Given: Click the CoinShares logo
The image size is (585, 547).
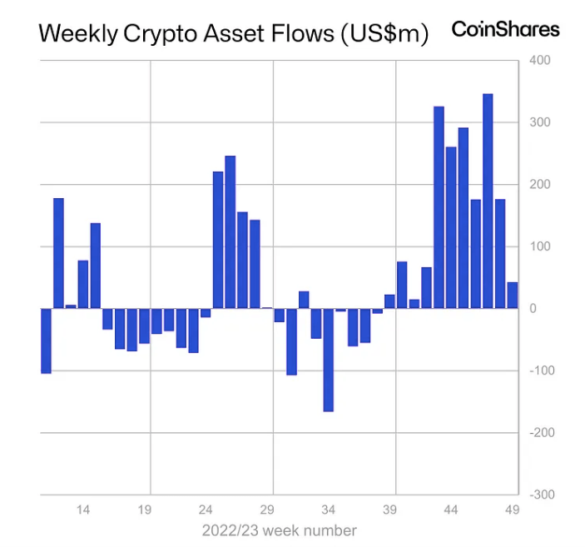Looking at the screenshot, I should pos(505,29).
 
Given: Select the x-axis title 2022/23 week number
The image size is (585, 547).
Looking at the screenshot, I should pos(279,530).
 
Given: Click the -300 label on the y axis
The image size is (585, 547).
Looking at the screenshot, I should pos(539,495).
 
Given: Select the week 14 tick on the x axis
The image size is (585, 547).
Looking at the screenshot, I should pos(83,510).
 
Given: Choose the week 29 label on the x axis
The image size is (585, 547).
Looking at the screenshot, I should pos(267,510).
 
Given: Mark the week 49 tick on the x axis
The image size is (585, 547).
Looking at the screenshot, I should pos(512,510).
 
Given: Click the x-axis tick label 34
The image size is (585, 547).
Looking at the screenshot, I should pos(328,510).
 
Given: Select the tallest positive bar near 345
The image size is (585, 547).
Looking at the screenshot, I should pos(488,201).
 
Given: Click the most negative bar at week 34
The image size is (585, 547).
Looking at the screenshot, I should pos(328,360).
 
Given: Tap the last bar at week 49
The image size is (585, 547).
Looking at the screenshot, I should pos(513,296).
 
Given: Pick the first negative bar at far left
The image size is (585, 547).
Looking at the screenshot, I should pos(46,341).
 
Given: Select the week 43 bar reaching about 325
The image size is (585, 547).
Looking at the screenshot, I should pos(439,207).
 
